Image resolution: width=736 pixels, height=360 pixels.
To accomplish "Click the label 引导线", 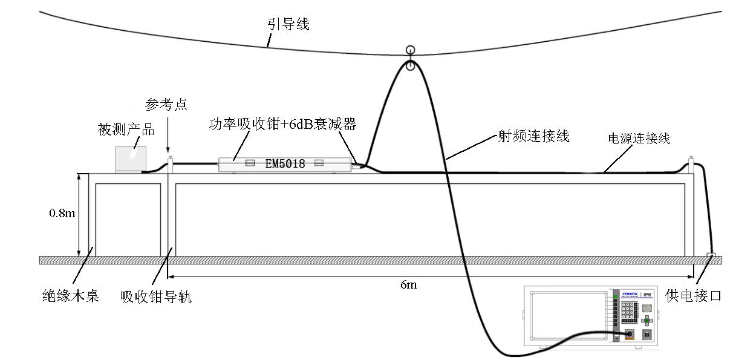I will (288, 24).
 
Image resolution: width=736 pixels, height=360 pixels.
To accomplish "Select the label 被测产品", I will (126, 129).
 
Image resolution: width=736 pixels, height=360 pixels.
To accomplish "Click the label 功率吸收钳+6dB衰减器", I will (282, 125).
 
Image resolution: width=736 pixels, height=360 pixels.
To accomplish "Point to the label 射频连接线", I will (533, 136).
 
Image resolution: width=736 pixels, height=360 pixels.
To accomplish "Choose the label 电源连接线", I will (639, 139).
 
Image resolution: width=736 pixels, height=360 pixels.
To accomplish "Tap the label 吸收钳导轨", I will (156, 296).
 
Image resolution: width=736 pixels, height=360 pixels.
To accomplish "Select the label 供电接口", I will (693, 296).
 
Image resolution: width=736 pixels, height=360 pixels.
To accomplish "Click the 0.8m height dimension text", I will (62, 214).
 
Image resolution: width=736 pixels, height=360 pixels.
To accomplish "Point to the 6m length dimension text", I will (408, 284).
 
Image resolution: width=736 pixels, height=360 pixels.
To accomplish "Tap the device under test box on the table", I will (131, 159).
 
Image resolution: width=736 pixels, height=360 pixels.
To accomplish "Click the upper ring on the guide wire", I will (411, 50).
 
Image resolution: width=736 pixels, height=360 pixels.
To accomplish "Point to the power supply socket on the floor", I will (710, 256).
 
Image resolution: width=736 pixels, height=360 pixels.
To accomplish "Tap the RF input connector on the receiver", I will (629, 333).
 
